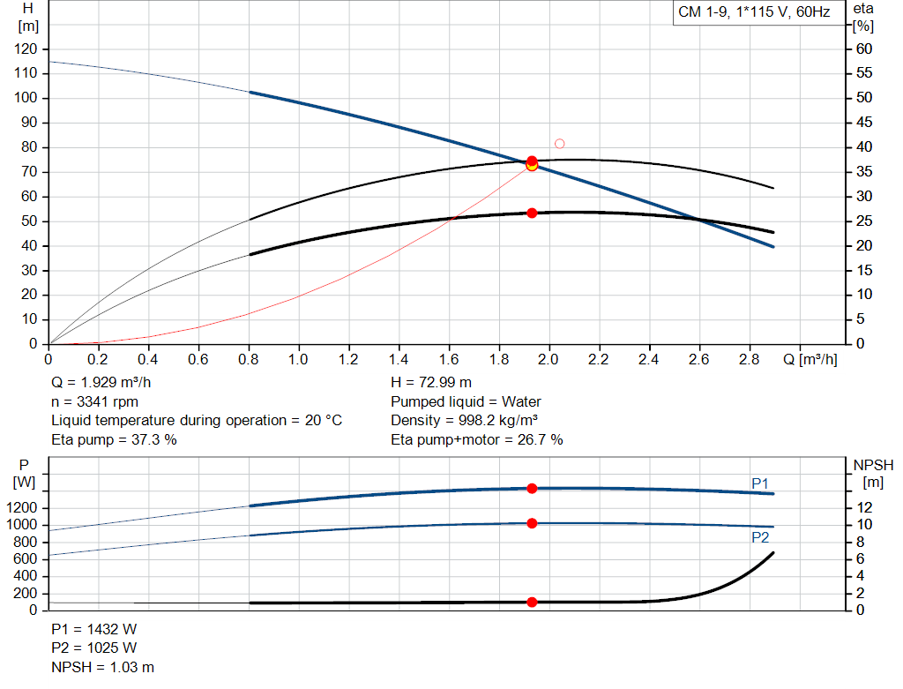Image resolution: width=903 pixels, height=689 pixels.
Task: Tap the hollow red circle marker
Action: pos(559,144)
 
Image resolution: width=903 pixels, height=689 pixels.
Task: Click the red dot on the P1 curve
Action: pos(532,488)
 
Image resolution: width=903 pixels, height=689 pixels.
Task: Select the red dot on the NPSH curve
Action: pos(532,602)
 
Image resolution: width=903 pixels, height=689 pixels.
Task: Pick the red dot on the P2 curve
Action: pos(532,523)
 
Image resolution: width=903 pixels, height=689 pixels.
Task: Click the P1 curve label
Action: pos(760,483)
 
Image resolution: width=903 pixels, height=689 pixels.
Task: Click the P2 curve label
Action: pos(760,536)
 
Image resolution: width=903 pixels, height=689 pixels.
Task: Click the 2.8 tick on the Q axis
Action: pos(750,359)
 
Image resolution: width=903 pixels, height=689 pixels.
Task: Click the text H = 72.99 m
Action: pos(430,383)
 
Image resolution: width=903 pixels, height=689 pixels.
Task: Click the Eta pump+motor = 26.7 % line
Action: pos(476,439)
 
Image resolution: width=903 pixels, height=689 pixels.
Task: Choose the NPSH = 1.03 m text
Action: pos(102,668)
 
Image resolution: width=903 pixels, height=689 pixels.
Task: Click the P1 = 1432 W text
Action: pos(94,629)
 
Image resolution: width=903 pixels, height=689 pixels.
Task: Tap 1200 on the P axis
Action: pos(25,508)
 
